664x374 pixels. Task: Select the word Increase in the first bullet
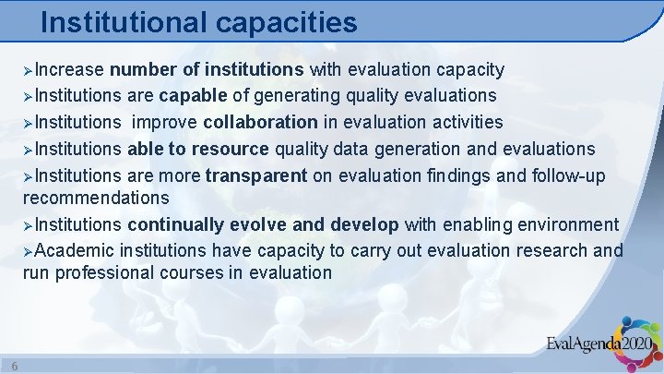tap(71, 69)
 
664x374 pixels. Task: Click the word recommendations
tap(96, 198)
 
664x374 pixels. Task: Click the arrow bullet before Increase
tap(29, 70)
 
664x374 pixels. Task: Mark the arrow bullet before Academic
tap(29, 251)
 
